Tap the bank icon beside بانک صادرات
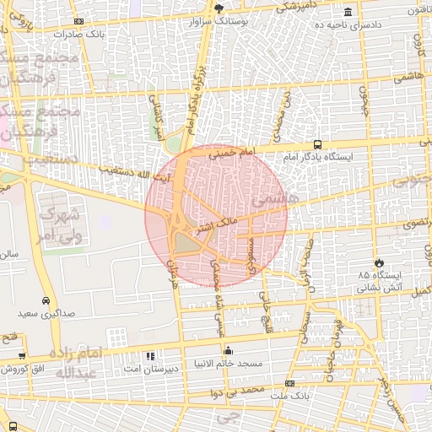point(79,21)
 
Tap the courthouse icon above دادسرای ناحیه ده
point(348,12)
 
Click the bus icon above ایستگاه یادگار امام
point(317,144)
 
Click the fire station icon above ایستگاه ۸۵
point(378,262)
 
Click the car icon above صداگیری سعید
point(45,300)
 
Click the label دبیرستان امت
point(149,369)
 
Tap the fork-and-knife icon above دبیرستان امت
point(151,355)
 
